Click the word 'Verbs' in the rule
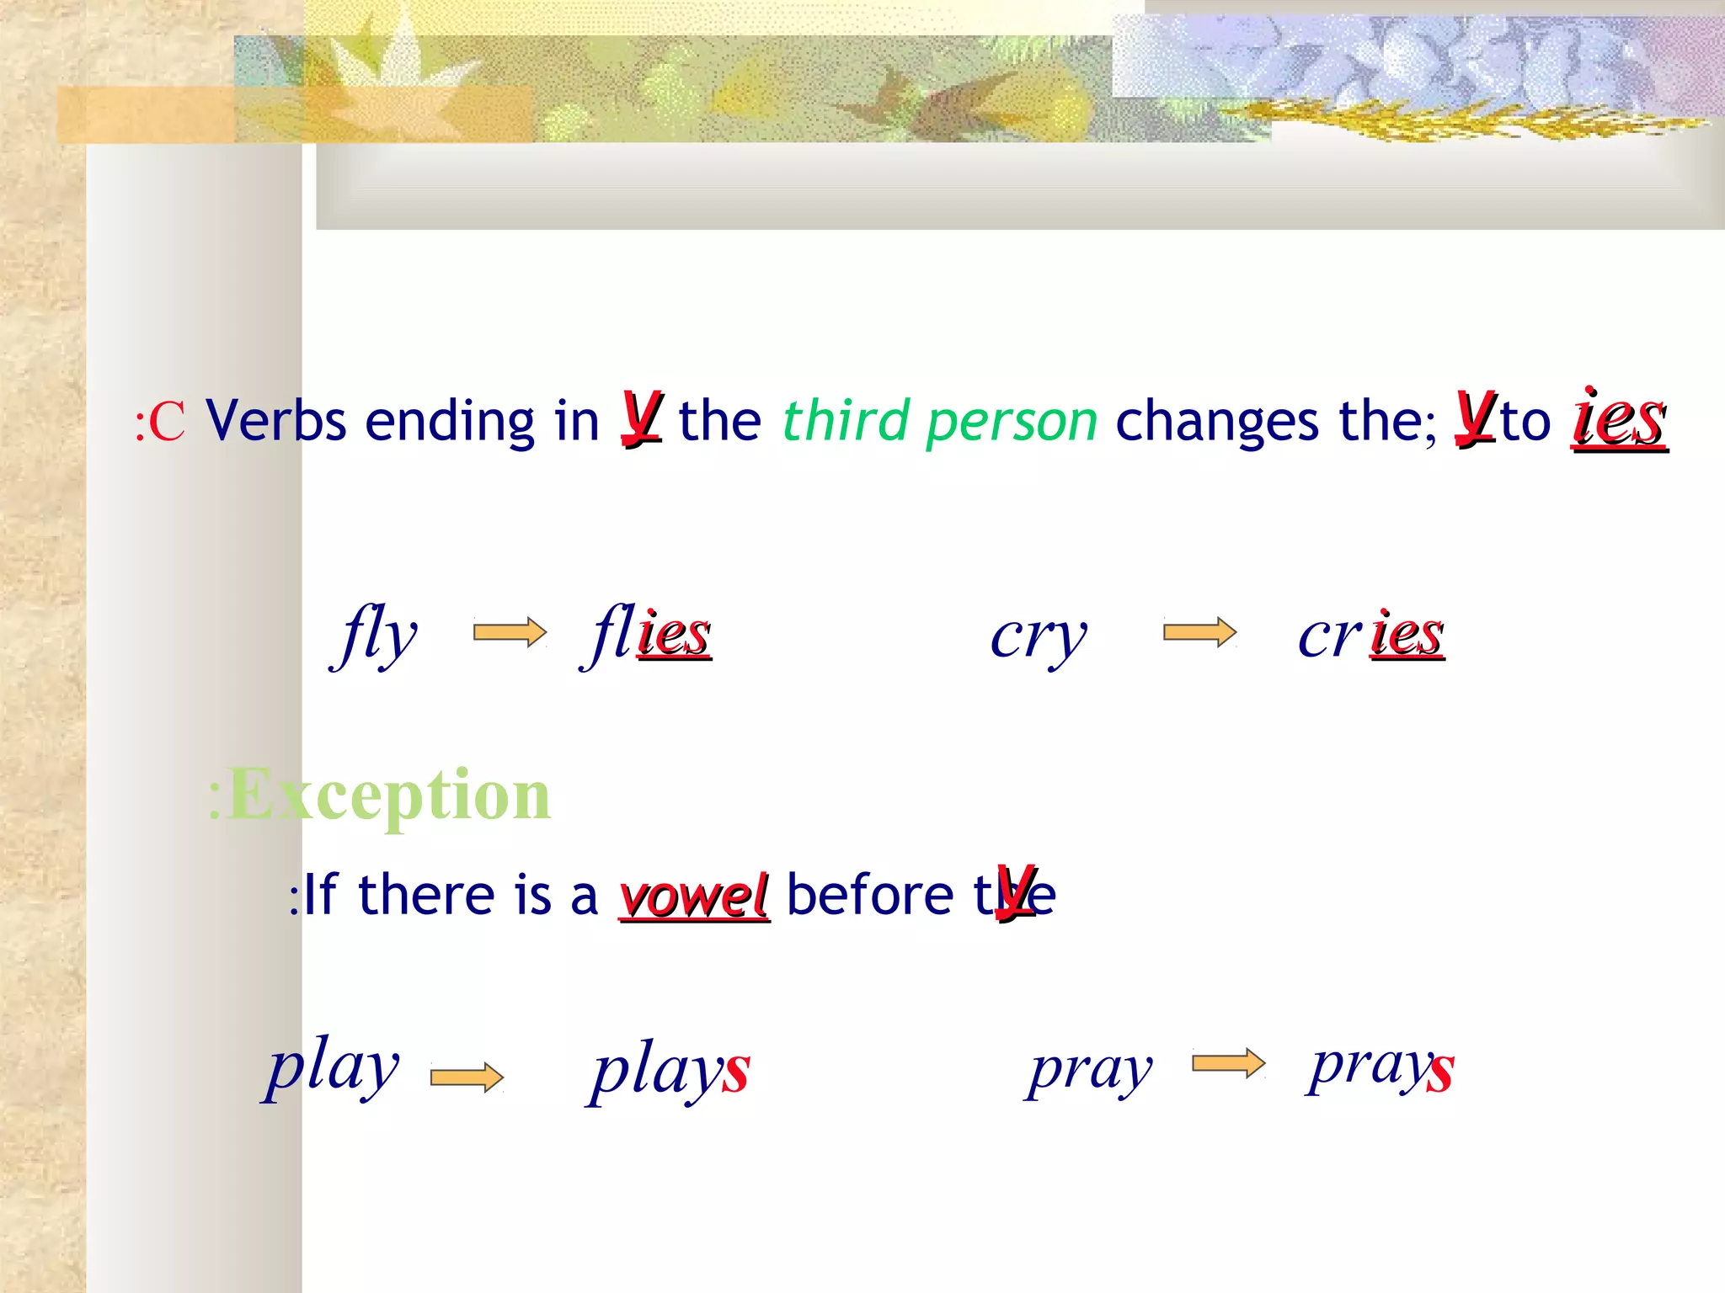pyautogui.click(x=276, y=420)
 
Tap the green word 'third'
pyautogui.click(x=847, y=420)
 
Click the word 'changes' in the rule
pyautogui.click(x=1216, y=420)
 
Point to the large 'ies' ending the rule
pyautogui.click(x=1619, y=420)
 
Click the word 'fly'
pyautogui.click(x=376, y=635)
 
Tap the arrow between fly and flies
pyautogui.click(x=510, y=632)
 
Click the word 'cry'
pyautogui.click(x=1039, y=636)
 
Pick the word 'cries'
pyautogui.click(x=1371, y=635)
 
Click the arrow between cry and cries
pyautogui.click(x=1199, y=632)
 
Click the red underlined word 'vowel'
pyautogui.click(x=694, y=896)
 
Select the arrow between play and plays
pyautogui.click(x=467, y=1077)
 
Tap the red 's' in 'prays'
pyautogui.click(x=1440, y=1072)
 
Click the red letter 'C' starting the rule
pyautogui.click(x=167, y=422)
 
